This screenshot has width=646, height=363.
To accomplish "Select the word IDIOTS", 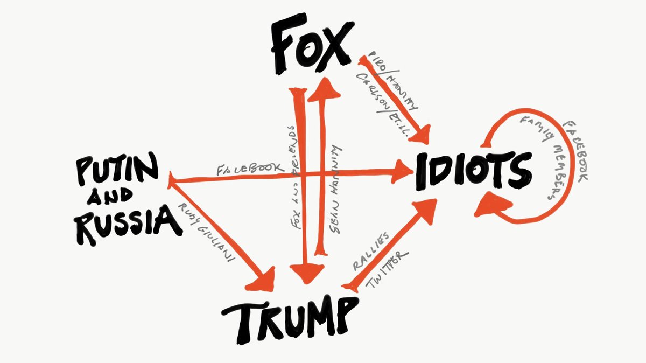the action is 472,170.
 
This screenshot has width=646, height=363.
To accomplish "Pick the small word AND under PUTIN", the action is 115,199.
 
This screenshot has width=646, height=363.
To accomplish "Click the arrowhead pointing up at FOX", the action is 326,89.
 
